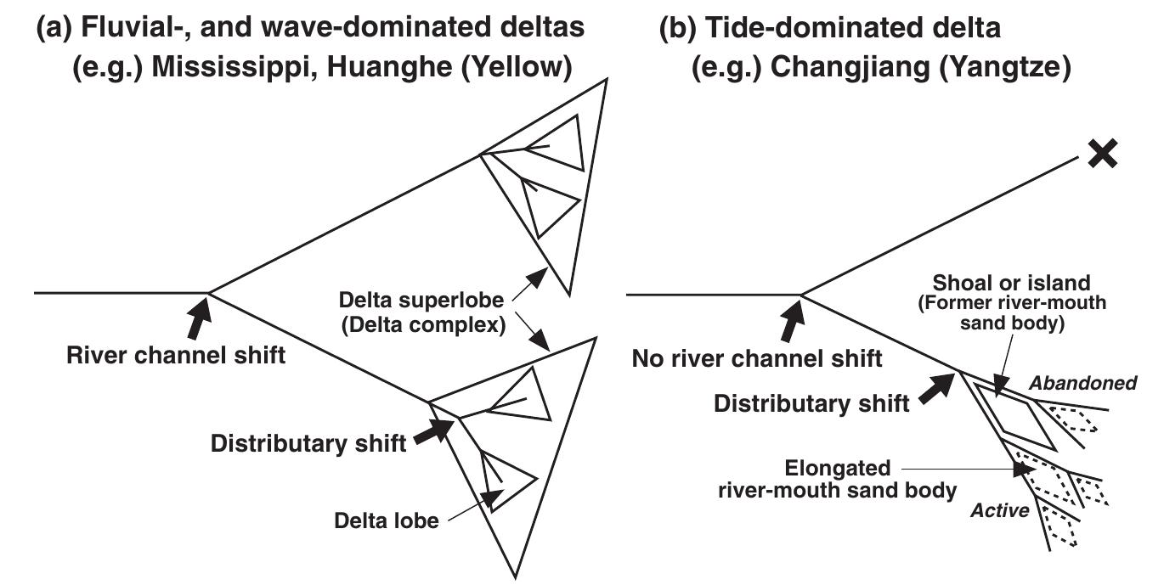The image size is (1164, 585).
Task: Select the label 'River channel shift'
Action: point(176,355)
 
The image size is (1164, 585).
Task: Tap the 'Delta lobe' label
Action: point(386,520)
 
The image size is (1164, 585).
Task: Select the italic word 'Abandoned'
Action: point(1083,384)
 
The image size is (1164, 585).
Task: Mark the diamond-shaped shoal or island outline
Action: point(1014,413)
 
